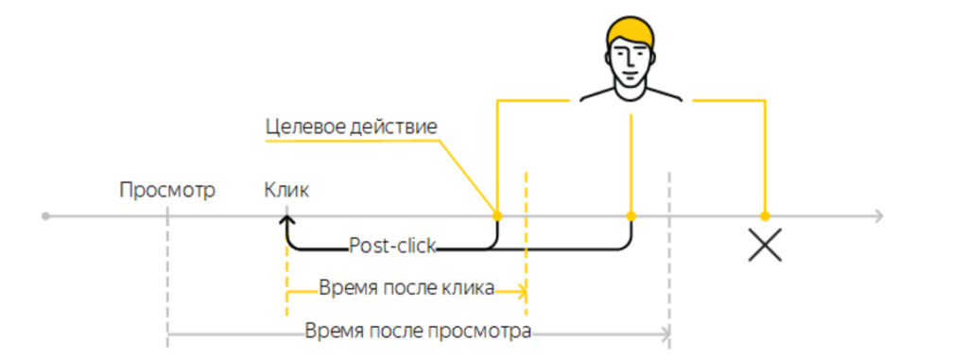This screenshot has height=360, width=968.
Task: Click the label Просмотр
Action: tap(167, 190)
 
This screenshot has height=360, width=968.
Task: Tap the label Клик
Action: tap(286, 190)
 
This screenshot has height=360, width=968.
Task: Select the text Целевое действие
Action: tap(351, 127)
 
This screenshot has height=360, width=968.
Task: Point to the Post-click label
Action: tap(392, 247)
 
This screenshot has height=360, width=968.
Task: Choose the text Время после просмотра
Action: tap(418, 332)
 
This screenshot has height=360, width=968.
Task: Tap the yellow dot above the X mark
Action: tap(765, 216)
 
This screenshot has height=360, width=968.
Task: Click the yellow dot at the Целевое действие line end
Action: tap(496, 216)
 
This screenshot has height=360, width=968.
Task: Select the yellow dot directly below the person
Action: tap(631, 216)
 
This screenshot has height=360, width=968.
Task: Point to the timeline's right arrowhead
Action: tap(879, 216)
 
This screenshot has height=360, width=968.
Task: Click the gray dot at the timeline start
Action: tap(45, 216)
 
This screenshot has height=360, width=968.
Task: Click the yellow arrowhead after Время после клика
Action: tap(521, 290)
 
